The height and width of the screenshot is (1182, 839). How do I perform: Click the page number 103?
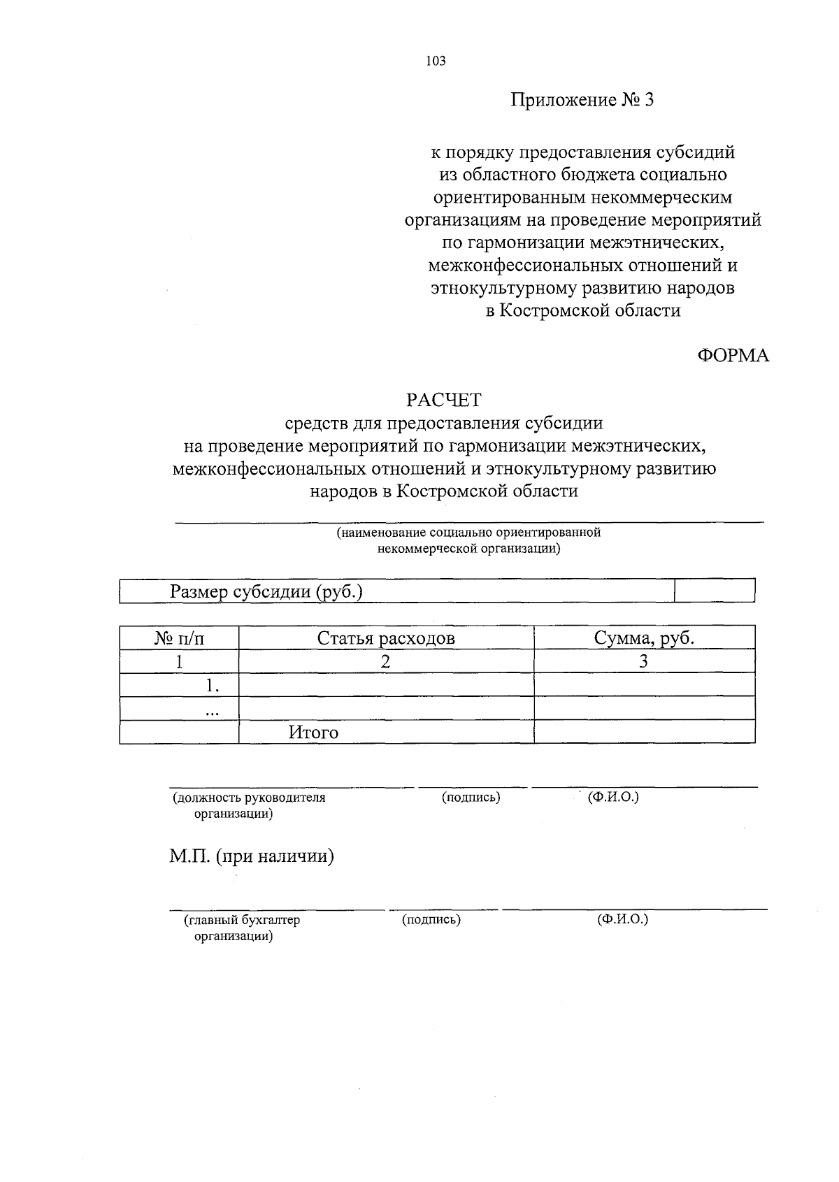coord(435,61)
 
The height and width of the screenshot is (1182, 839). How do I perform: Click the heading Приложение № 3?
coord(582,101)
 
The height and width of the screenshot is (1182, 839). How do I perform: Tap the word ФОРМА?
coord(732,356)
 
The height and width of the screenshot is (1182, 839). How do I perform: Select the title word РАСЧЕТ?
coord(445,400)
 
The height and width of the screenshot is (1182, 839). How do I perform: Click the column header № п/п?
coord(180,638)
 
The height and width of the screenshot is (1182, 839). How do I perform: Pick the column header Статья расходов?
coord(386,638)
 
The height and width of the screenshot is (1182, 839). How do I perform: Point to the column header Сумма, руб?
coord(644,638)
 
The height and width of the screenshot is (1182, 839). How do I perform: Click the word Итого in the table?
coord(313,733)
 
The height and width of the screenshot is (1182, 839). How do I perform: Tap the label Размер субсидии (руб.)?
coord(267,592)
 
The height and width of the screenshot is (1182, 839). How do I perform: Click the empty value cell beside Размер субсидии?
coord(714,591)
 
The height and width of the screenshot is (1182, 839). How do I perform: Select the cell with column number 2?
coord(385,662)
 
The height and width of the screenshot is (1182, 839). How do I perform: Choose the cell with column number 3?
coord(643,662)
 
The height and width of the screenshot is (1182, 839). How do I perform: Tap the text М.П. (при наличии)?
coord(252,856)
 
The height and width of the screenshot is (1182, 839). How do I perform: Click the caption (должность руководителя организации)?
coord(249,805)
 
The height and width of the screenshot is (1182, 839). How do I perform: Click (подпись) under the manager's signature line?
coord(471,798)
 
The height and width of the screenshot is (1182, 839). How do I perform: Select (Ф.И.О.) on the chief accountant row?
coord(622,919)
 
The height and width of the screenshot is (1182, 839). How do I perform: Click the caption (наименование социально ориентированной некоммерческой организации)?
coord(468,540)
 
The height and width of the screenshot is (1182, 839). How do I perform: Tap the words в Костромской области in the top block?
coord(583,311)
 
